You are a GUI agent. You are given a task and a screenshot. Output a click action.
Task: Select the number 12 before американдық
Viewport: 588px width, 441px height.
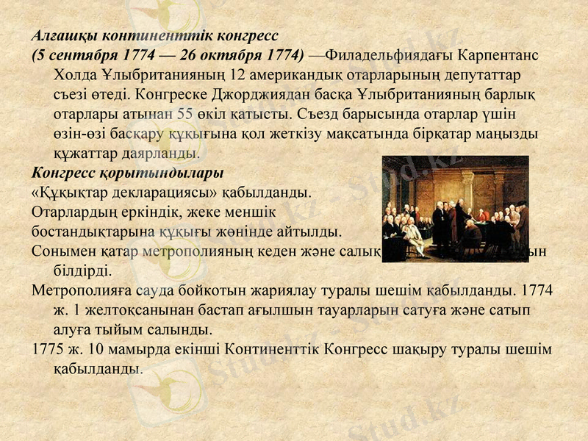[237, 75]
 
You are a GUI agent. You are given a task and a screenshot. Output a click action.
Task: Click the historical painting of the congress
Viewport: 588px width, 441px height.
[455, 209]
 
